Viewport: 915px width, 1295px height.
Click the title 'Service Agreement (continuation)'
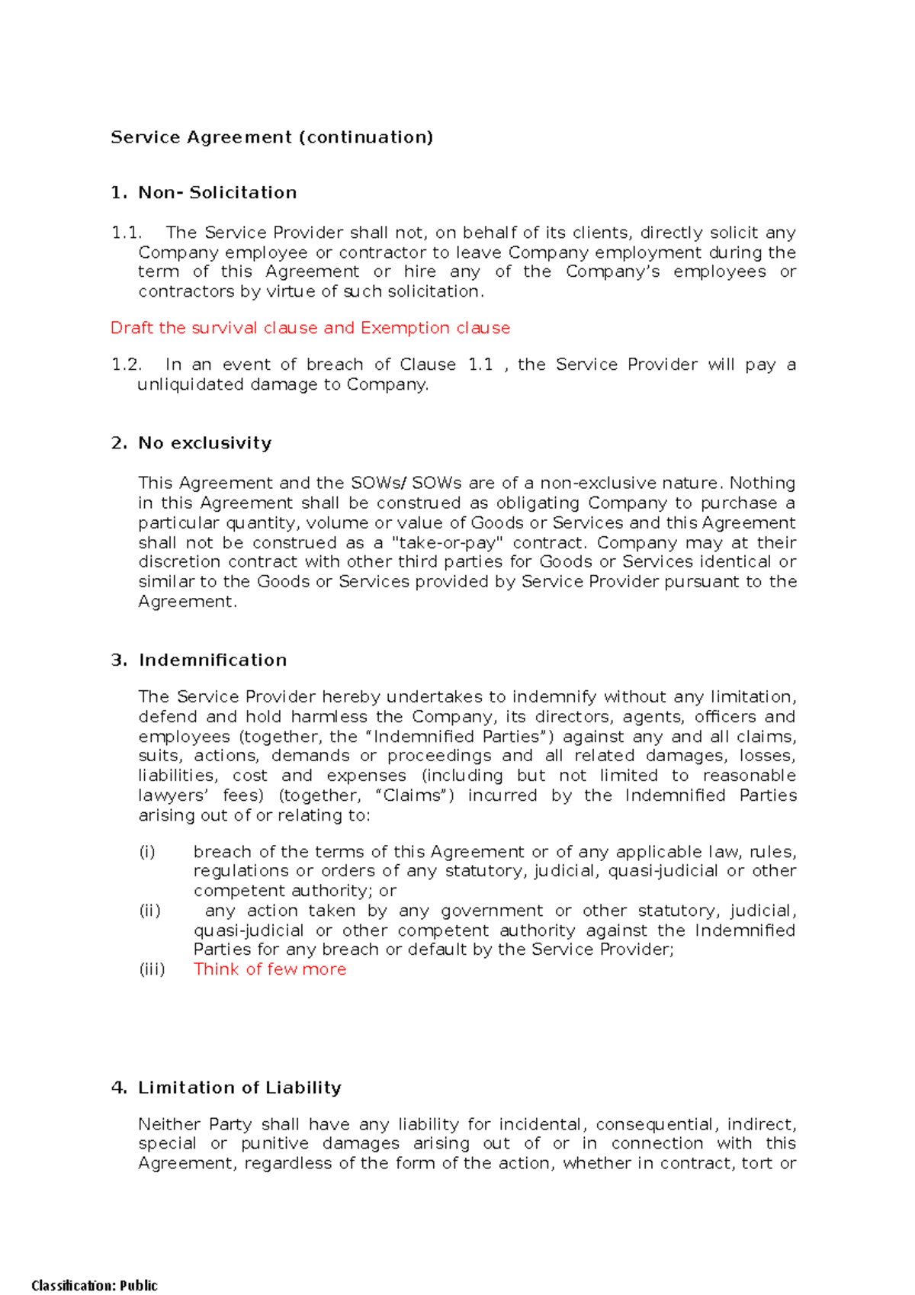[271, 137]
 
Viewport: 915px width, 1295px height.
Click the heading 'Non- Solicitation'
[217, 193]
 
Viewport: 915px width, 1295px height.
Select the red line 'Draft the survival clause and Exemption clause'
[310, 328]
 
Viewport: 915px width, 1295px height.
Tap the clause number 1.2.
[127, 365]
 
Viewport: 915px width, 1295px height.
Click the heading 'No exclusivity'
[204, 443]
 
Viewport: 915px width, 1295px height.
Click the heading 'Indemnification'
[213, 660]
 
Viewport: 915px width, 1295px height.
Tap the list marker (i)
[146, 852]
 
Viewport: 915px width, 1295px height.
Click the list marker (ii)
[149, 911]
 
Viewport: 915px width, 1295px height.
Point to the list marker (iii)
[152, 969]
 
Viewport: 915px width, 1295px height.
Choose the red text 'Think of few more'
[270, 969]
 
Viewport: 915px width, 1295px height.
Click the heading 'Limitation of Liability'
[239, 1088]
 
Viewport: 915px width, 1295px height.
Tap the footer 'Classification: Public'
[95, 1286]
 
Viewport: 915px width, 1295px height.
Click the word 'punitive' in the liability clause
[274, 1144]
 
